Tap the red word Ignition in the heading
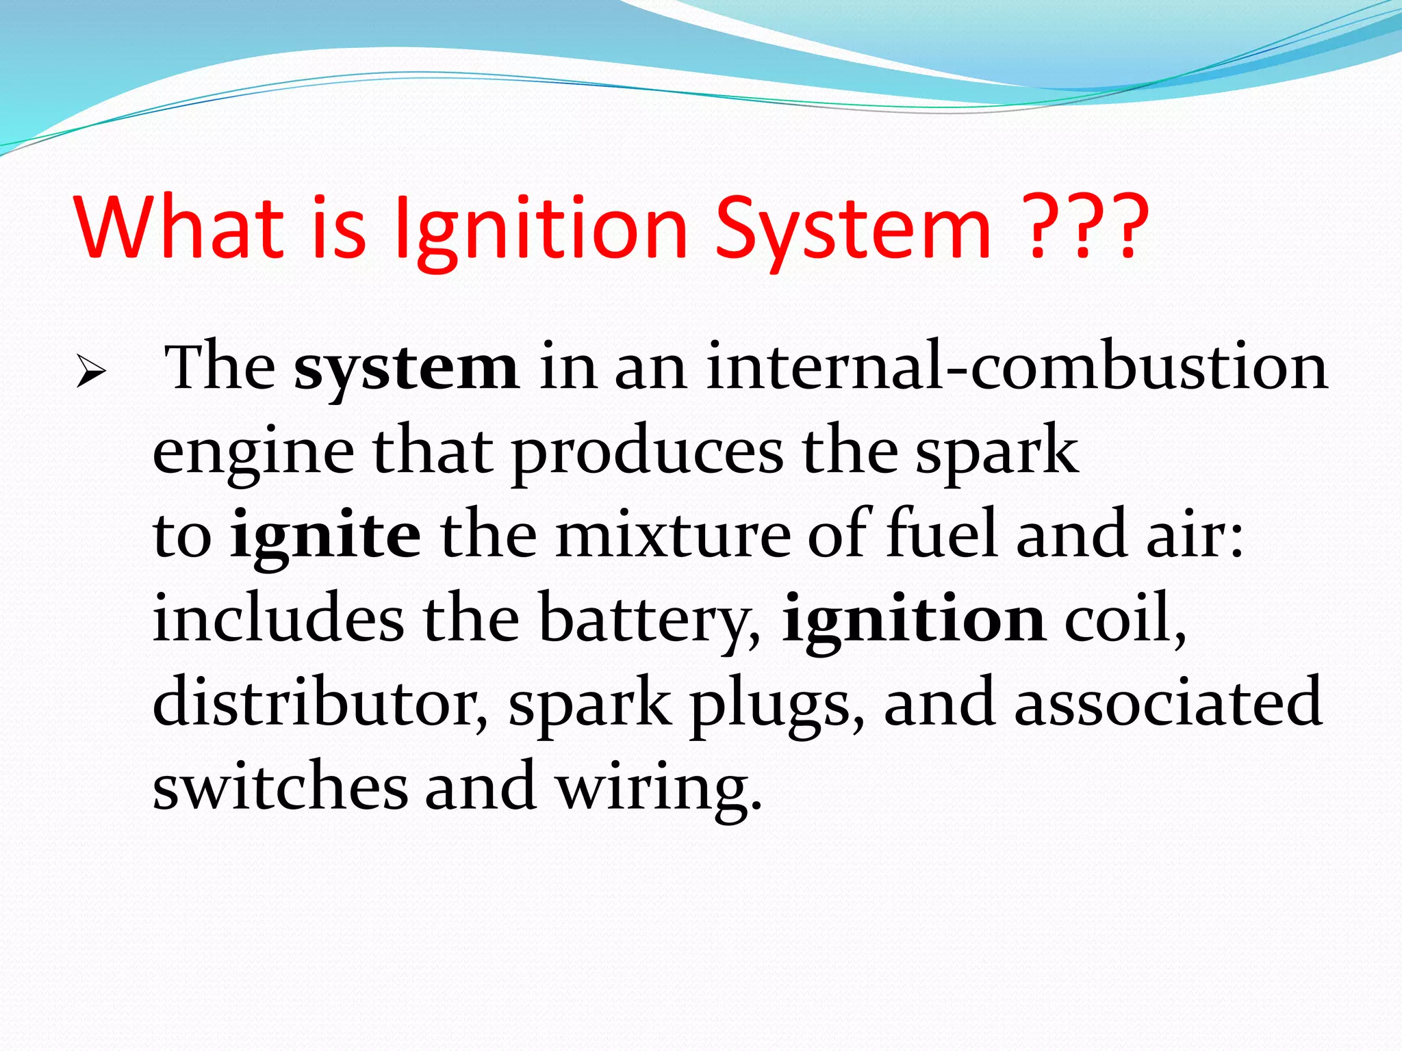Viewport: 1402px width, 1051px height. coord(541,229)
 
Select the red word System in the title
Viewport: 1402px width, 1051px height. coord(852,229)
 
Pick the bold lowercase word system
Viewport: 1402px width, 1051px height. coord(406,369)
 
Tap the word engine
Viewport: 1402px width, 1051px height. coord(253,453)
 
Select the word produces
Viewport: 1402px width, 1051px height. coord(647,453)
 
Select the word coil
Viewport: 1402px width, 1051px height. coord(1123,619)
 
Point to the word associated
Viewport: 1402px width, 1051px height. coord(1167,703)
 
